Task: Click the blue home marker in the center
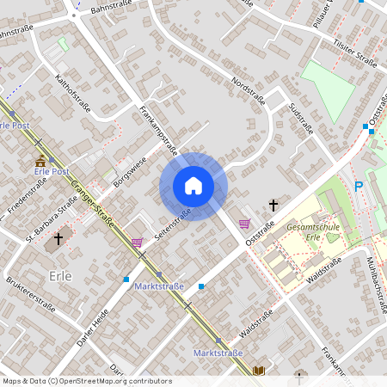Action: [193, 186]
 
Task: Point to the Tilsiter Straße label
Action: [355, 60]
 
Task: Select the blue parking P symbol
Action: [359, 186]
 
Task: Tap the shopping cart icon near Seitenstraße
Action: [137, 243]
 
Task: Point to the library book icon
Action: [259, 370]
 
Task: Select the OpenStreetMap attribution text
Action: [87, 381]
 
